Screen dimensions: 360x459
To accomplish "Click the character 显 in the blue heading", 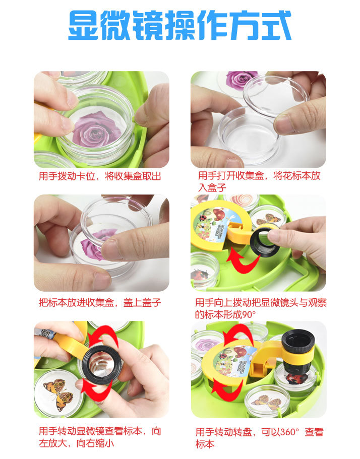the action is (83, 25).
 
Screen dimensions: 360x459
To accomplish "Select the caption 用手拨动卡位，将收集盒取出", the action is (100, 176).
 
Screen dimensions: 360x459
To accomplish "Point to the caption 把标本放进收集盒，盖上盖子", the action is (100, 303).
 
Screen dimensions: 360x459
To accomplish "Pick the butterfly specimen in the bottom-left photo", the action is (58, 394).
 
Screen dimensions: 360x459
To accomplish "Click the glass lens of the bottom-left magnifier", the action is (101, 365).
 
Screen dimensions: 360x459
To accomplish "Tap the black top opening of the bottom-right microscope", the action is (298, 340).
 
